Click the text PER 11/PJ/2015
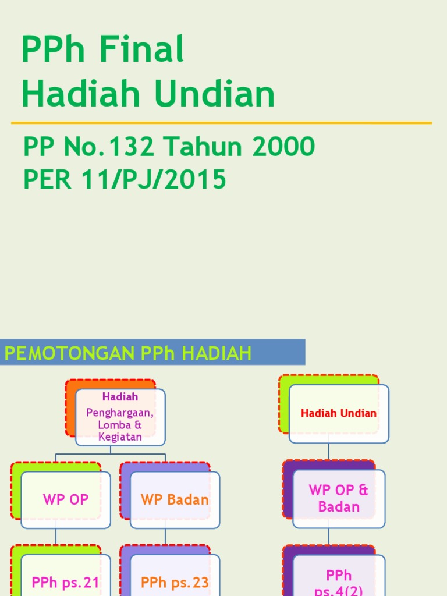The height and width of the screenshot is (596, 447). pyautogui.click(x=124, y=180)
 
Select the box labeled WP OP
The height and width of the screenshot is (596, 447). pyautogui.click(x=66, y=499)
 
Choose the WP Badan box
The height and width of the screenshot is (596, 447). pyautogui.click(x=175, y=499)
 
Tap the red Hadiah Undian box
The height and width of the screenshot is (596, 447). pyautogui.click(x=339, y=413)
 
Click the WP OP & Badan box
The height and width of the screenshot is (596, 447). pyautogui.click(x=339, y=498)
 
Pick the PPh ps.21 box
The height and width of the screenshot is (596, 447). pyautogui.click(x=66, y=582)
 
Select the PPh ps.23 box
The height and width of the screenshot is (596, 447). pyautogui.click(x=175, y=582)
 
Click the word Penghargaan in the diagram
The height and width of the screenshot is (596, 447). pyautogui.click(x=120, y=413)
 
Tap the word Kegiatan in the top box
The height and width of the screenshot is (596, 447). pyautogui.click(x=120, y=437)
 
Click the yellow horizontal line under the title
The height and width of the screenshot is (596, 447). pyautogui.click(x=221, y=123)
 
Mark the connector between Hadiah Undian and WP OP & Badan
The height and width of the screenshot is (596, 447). pyautogui.click(x=329, y=452)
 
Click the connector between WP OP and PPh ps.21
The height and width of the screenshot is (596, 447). pyautogui.click(x=56, y=537)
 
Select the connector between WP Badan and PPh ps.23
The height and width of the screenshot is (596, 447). pyautogui.click(x=165, y=537)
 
